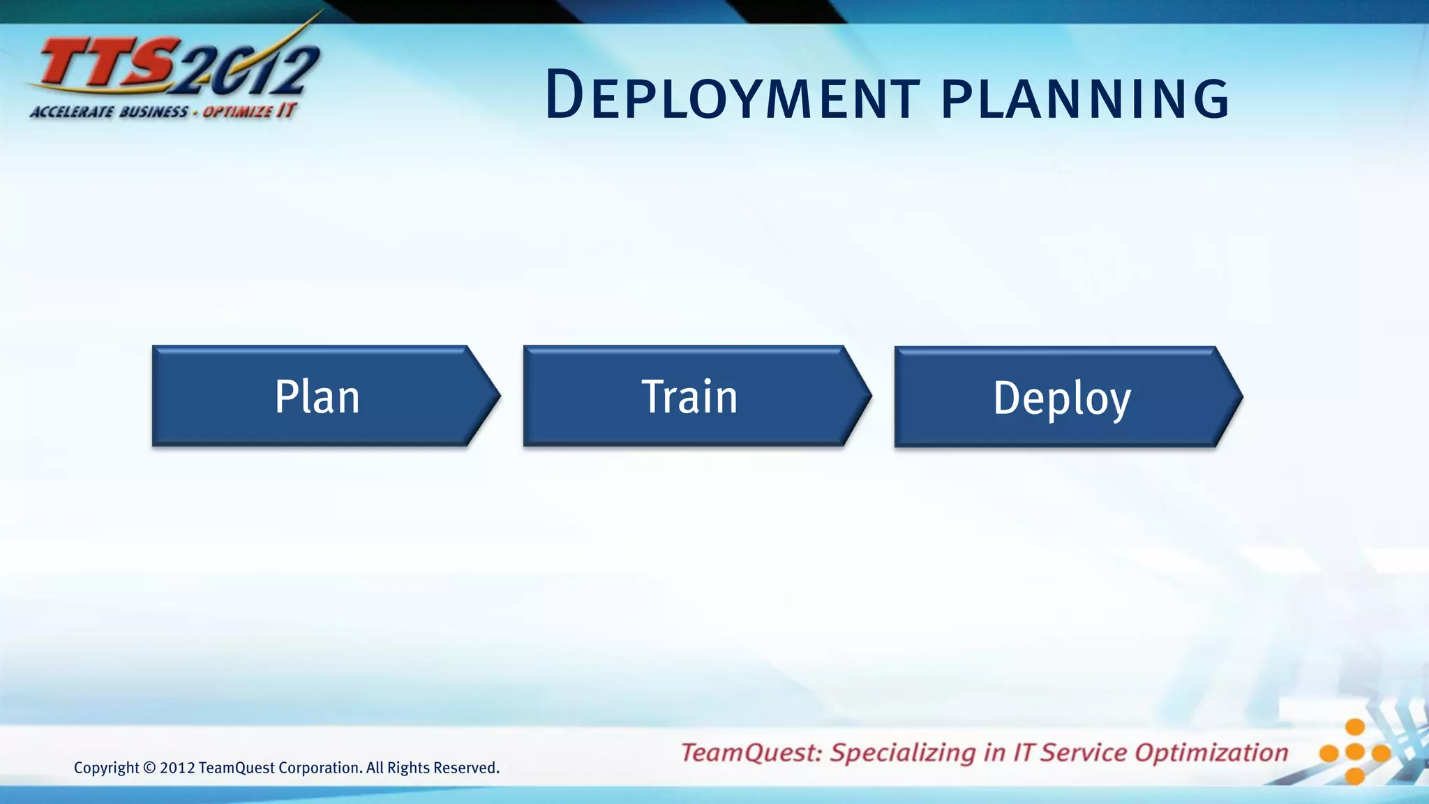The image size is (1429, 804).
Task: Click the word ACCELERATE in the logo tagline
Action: point(71,112)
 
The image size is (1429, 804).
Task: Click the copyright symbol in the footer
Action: point(149,768)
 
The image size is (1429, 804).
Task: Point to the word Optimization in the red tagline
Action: point(1211,752)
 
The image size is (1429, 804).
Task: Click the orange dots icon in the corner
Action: point(1354,752)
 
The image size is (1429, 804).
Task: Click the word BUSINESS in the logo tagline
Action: point(154,112)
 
